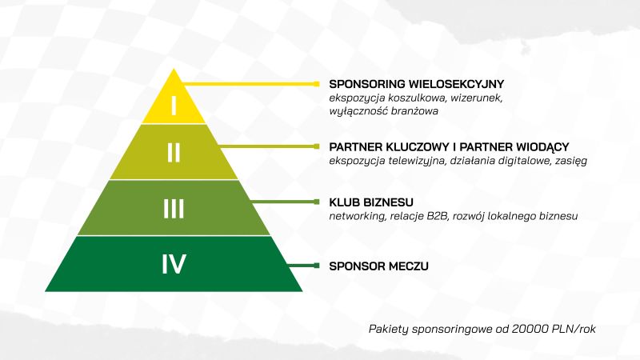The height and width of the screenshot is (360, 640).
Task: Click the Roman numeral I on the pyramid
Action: [x=174, y=106]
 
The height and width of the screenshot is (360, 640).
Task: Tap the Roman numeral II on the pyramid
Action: [x=174, y=153]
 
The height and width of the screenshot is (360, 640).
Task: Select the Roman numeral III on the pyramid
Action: [x=174, y=209]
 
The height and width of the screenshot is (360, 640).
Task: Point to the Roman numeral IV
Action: [x=174, y=264]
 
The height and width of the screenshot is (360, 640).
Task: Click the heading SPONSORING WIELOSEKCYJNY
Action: [x=416, y=84]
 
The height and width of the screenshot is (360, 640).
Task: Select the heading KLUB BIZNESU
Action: [x=371, y=202]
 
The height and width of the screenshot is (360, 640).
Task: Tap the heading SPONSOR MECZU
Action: [x=378, y=266]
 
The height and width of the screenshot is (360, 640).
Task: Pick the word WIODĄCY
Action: [x=542, y=146]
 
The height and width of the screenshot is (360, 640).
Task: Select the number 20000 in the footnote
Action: [x=530, y=329]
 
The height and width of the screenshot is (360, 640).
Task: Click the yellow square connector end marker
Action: [x=316, y=84]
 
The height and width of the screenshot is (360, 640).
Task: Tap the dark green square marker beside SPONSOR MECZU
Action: [x=316, y=266]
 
